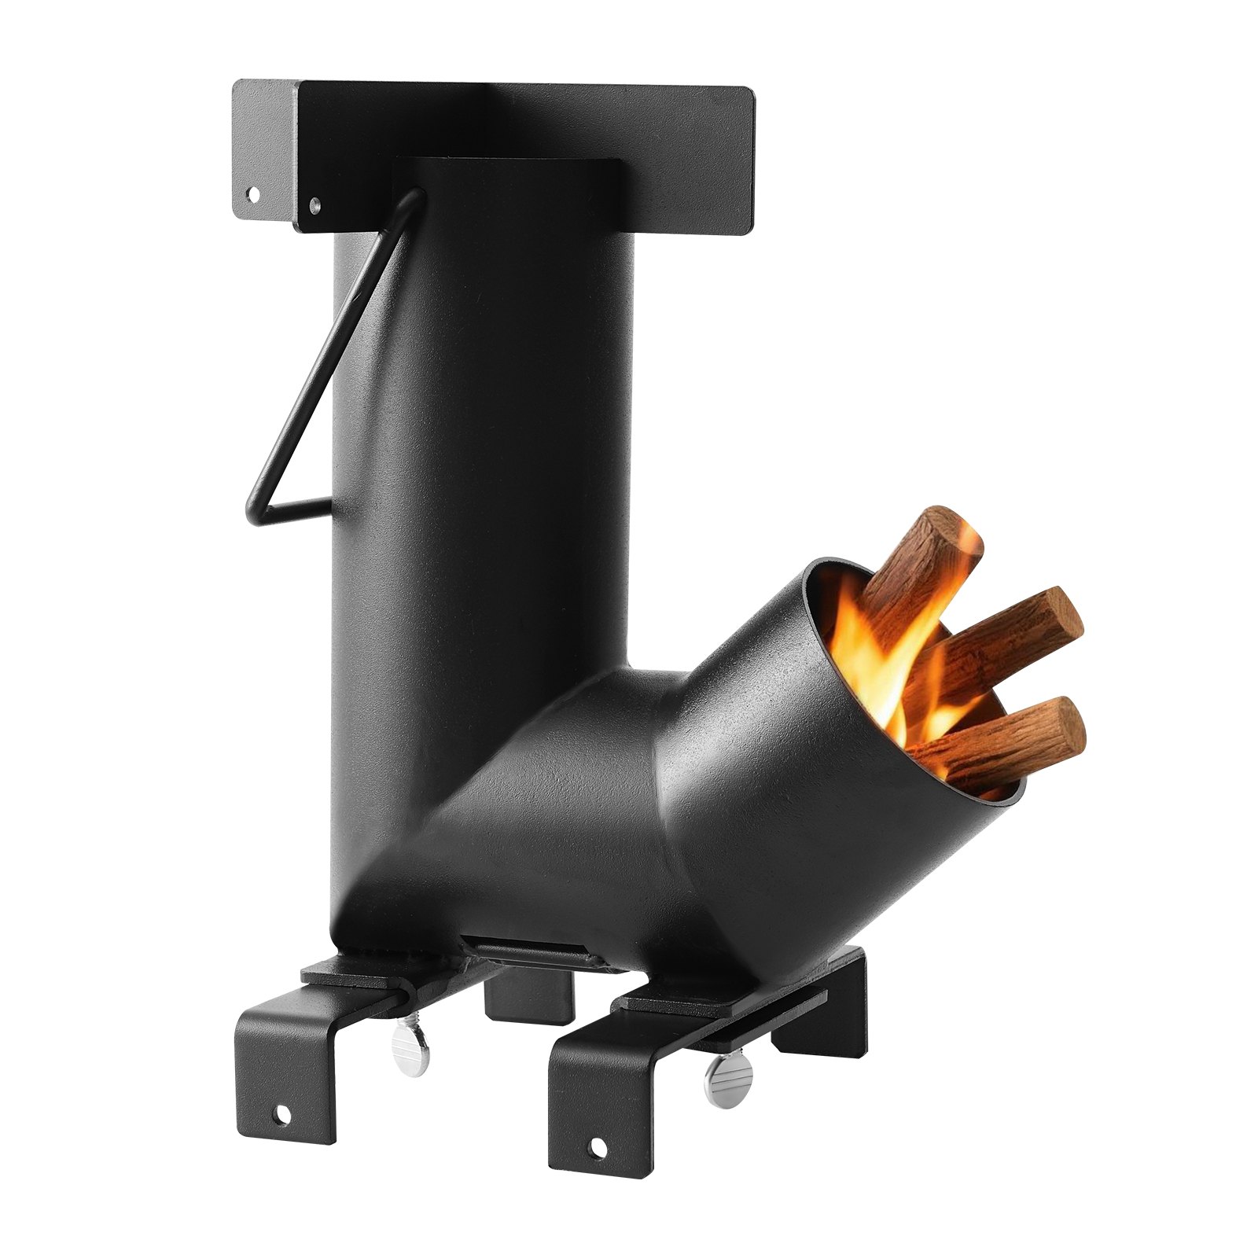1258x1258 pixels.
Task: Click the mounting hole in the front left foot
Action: pos(281,1115)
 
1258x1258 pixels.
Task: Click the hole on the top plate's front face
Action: pos(314,206)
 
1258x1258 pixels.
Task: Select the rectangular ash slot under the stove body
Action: pos(535,949)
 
